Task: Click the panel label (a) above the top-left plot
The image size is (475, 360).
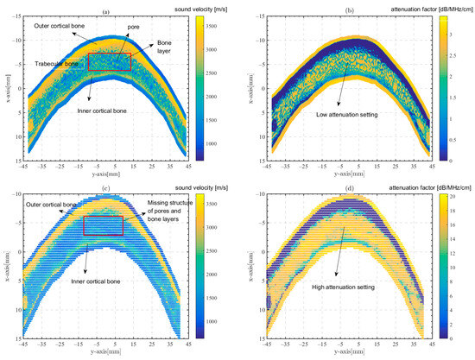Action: coord(106,11)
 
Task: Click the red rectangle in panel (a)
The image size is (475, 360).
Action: coord(110,61)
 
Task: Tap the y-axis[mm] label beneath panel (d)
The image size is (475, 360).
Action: coord(345,354)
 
